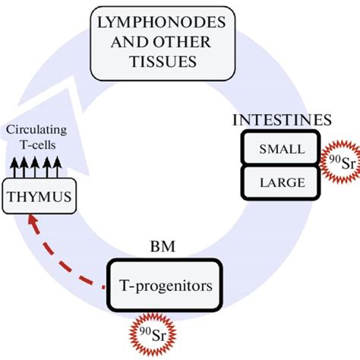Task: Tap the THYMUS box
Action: [x=39, y=198]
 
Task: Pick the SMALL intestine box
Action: [x=277, y=150]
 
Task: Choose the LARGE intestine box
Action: [x=277, y=183]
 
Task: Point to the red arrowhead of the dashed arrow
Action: [x=31, y=219]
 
